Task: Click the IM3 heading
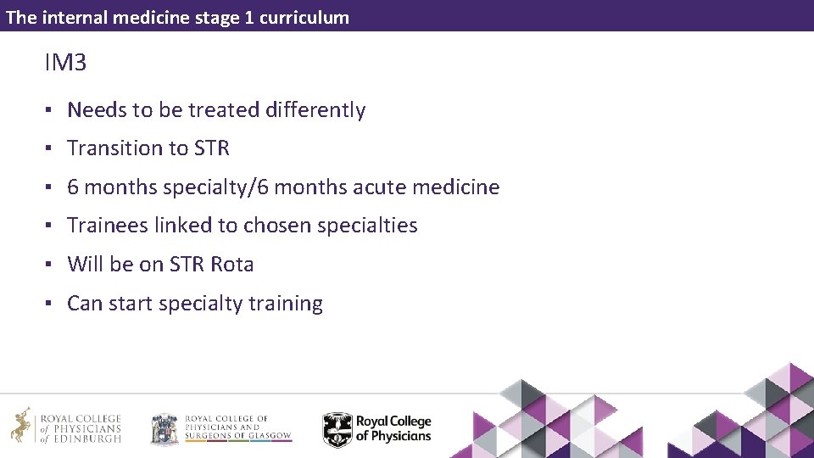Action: [66, 63]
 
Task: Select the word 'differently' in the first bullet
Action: [315, 110]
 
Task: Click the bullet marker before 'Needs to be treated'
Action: [51, 110]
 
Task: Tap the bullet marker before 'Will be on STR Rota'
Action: [51, 265]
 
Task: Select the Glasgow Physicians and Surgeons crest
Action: [164, 429]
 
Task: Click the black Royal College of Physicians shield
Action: [337, 429]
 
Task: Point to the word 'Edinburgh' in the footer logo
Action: [88, 438]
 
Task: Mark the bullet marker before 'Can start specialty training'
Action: [51, 304]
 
